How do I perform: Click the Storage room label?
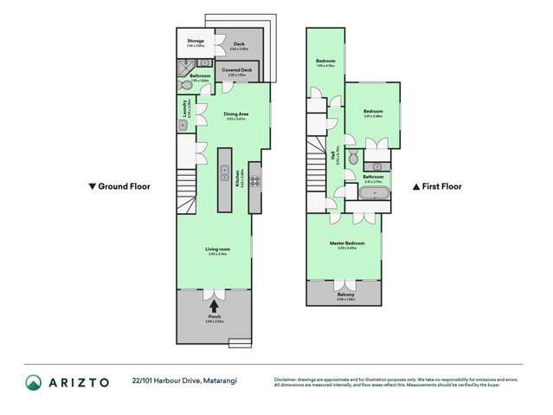196,41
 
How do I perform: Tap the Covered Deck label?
235,70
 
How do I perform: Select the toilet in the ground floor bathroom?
186,85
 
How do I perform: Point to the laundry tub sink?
183,125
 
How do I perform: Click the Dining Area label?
236,113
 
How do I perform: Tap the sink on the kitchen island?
223,172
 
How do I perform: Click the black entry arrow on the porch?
214,305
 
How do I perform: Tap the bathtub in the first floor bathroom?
374,193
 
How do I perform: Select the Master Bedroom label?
347,243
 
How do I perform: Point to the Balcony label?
344,295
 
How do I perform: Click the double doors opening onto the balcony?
344,284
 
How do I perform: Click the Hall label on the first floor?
332,157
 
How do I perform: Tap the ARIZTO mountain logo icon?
33,381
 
